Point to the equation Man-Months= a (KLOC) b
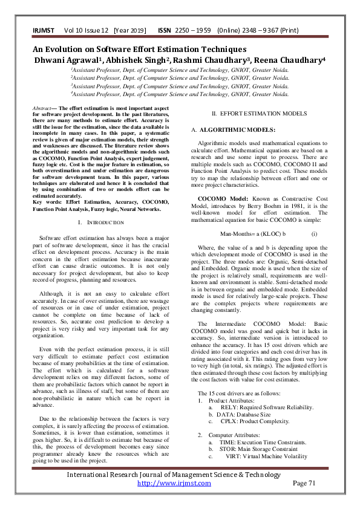pos(252,233)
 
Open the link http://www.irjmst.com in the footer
pos(174,483)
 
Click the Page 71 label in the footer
pos(304,483)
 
